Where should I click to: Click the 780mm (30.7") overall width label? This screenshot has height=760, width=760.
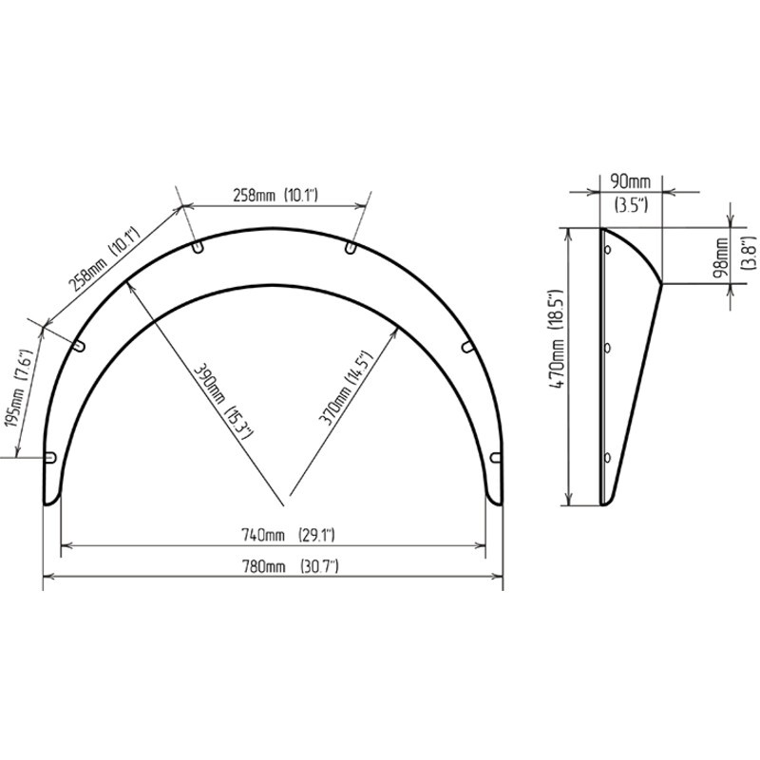290,566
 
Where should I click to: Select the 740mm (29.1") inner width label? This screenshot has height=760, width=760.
288,535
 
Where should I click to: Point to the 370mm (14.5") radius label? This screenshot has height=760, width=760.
347,388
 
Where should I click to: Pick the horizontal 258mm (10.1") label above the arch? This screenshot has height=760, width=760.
275,195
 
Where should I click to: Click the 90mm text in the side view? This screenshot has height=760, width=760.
630,181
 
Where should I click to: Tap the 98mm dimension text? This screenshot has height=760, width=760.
721,256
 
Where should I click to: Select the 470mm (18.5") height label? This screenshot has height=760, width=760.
556,339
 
